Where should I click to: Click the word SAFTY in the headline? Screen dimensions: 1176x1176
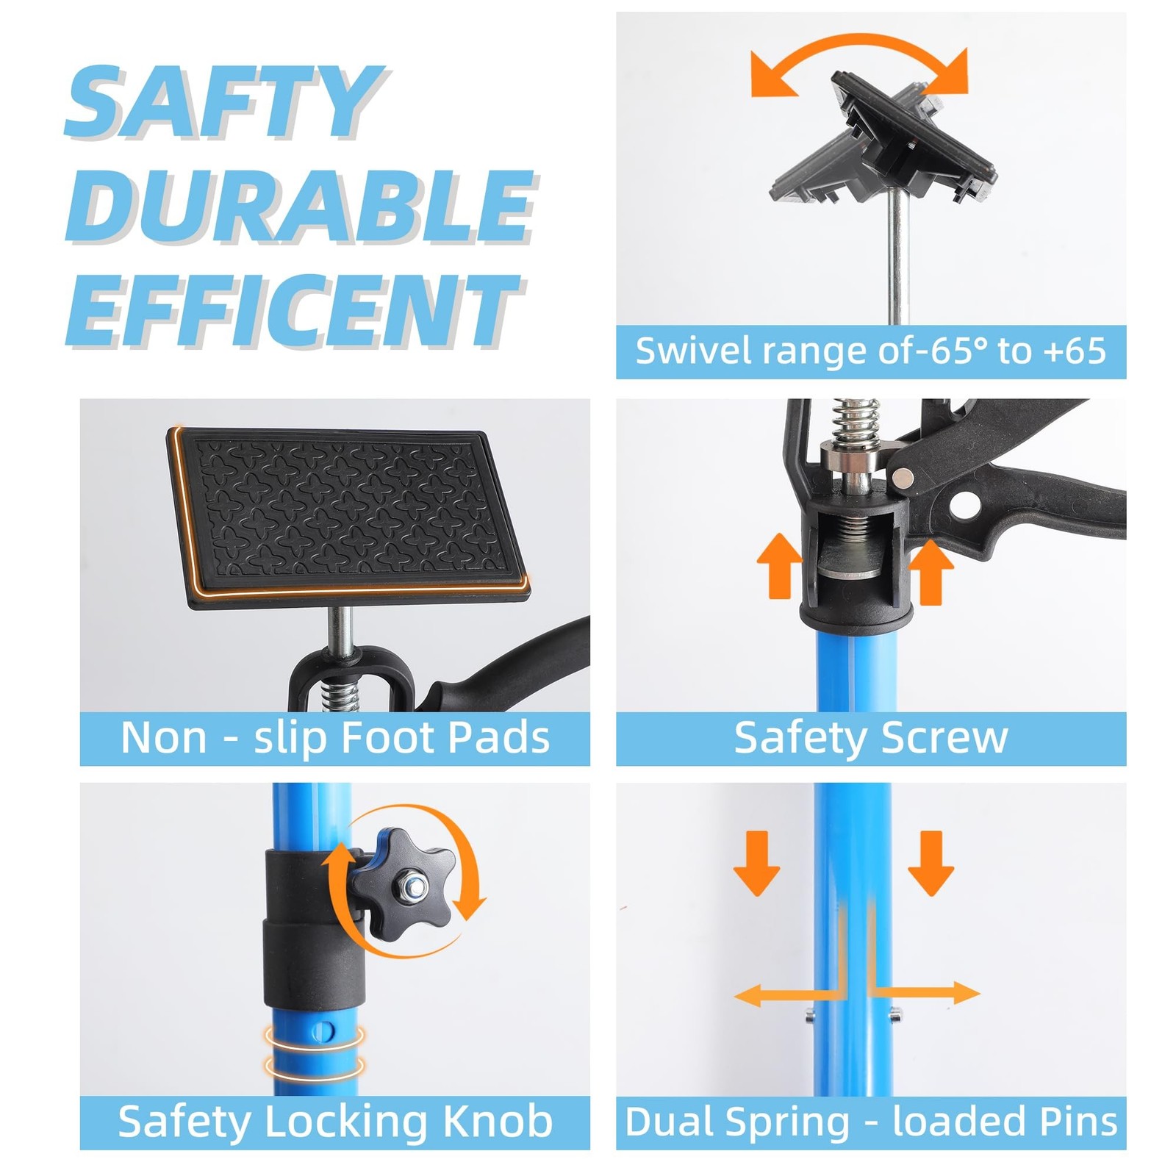(x=224, y=102)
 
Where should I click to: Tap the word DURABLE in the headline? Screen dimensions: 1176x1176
(x=301, y=207)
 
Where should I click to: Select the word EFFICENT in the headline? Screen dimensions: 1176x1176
(x=294, y=310)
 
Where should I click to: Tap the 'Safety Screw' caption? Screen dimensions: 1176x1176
(x=871, y=738)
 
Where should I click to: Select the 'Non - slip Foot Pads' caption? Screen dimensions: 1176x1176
(x=335, y=738)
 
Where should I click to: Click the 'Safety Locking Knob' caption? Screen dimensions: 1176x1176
(x=335, y=1122)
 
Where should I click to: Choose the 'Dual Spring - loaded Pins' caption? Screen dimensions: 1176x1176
(x=871, y=1122)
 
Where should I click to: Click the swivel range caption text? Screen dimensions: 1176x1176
(x=871, y=351)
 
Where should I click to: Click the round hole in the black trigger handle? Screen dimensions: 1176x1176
(x=966, y=505)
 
